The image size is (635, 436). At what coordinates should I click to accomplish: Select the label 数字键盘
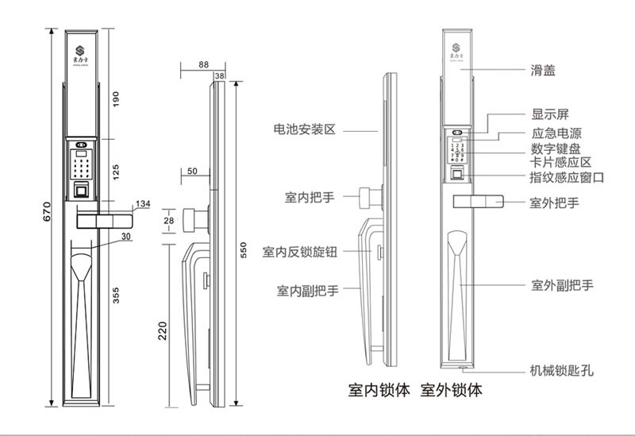click(556, 149)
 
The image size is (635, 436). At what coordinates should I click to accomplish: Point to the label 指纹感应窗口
click(566, 178)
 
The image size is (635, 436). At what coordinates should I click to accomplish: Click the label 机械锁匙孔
click(561, 370)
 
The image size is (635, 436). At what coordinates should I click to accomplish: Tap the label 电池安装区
click(305, 128)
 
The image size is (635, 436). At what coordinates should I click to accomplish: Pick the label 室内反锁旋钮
click(300, 253)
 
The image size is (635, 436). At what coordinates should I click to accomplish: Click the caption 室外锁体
click(451, 391)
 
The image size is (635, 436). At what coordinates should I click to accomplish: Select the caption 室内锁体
click(379, 391)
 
